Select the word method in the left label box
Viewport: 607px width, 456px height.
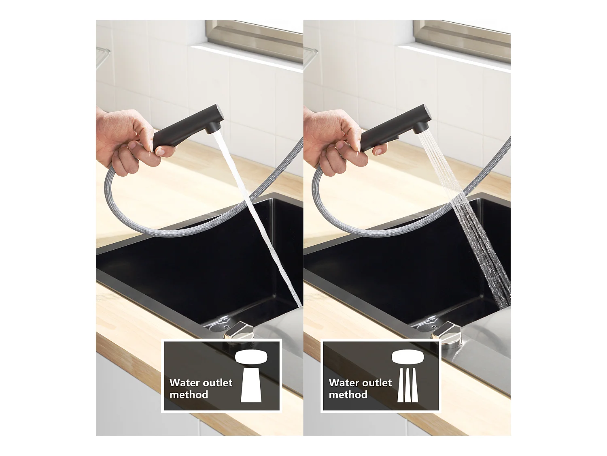(189, 395)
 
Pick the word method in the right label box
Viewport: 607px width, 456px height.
(348, 395)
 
